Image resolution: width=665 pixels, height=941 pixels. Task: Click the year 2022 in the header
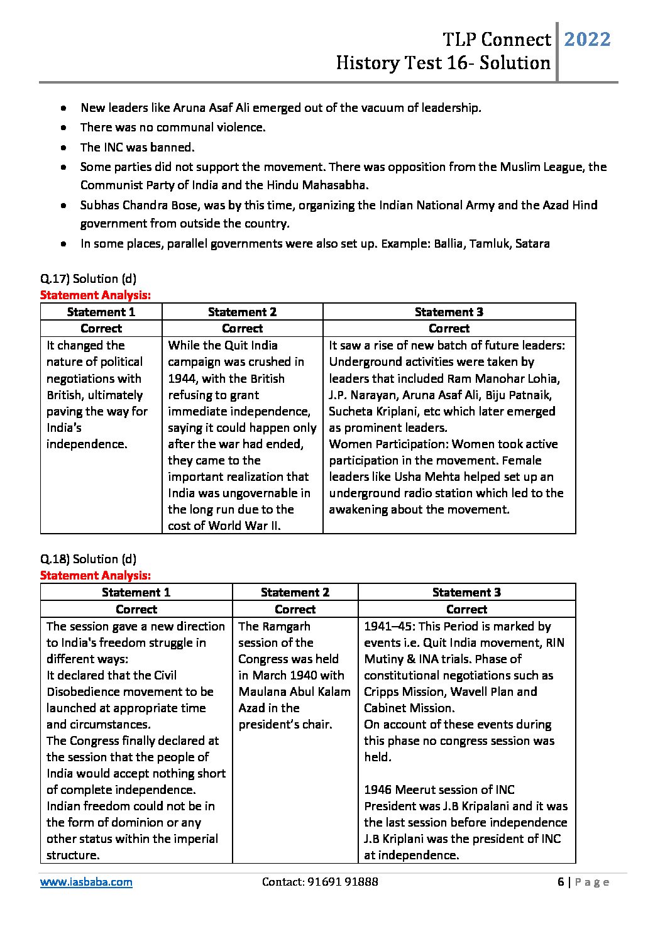pyautogui.click(x=587, y=40)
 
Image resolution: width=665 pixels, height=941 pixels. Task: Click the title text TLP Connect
pyautogui.click(x=497, y=40)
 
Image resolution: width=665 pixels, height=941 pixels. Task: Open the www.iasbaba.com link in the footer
pyautogui.click(x=86, y=882)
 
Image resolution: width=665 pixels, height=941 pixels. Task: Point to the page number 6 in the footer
pyautogui.click(x=560, y=882)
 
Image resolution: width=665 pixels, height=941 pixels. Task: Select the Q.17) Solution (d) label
pyautogui.click(x=88, y=278)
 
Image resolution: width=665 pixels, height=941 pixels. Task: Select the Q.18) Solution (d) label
pyautogui.click(x=88, y=559)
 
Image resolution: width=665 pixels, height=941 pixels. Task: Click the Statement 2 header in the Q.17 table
pyautogui.click(x=242, y=312)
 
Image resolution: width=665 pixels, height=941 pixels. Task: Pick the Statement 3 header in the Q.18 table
pyautogui.click(x=466, y=592)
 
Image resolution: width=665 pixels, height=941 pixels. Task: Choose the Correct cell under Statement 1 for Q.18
pyautogui.click(x=136, y=609)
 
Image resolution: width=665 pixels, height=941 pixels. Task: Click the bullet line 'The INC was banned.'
pyautogui.click(x=137, y=147)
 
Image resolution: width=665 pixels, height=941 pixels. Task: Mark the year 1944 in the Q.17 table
pyautogui.click(x=182, y=378)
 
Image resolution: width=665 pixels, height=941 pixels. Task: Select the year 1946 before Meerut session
pyautogui.click(x=378, y=790)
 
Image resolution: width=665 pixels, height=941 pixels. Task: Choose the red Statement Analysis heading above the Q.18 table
pyautogui.click(x=96, y=575)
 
